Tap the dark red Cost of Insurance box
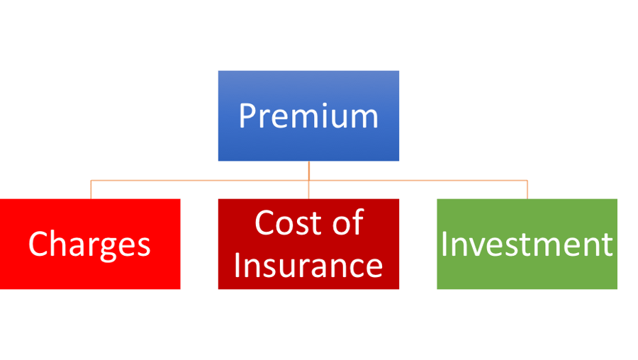pyautogui.click(x=308, y=244)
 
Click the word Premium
pyautogui.click(x=308, y=116)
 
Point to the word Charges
pyautogui.click(x=89, y=244)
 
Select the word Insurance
pyautogui.click(x=308, y=265)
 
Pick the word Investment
pyautogui.click(x=527, y=244)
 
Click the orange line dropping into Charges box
pyautogui.click(x=91, y=189)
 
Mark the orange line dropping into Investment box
pyautogui.click(x=527, y=189)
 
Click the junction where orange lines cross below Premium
pyautogui.click(x=309, y=180)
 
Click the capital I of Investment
pyautogui.click(x=444, y=244)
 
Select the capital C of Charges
pyautogui.click(x=37, y=244)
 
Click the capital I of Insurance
pyautogui.click(x=237, y=265)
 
